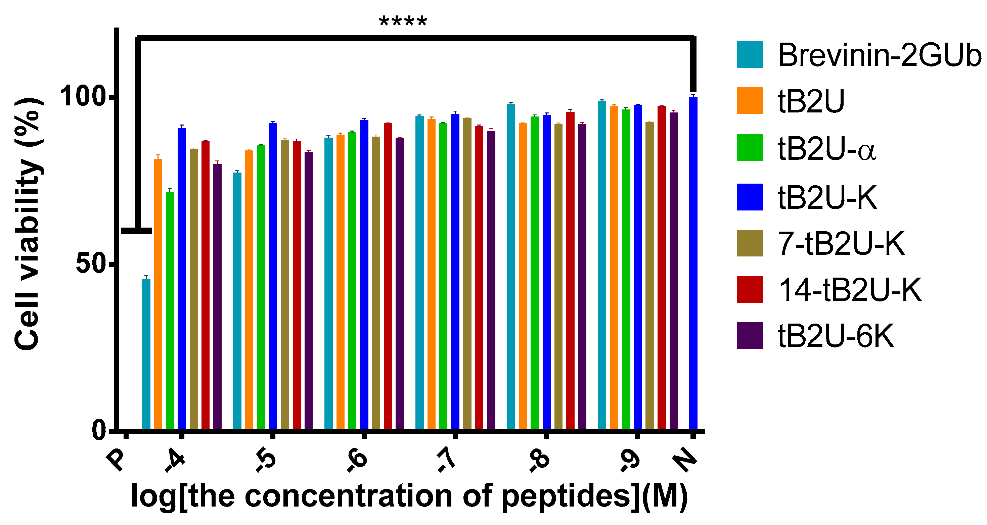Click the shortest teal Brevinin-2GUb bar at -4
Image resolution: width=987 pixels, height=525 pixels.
(x=146, y=354)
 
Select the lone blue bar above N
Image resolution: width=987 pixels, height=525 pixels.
(x=693, y=264)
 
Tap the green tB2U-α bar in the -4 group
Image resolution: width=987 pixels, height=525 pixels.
(x=170, y=310)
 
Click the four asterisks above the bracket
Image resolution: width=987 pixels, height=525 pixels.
(x=403, y=22)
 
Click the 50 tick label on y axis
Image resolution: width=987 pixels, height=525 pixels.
(x=90, y=264)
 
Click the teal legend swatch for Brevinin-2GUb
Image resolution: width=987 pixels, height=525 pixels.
(x=750, y=55)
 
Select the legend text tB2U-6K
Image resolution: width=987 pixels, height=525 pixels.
(x=836, y=336)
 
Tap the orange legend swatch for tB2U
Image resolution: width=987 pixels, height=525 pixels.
(x=750, y=101)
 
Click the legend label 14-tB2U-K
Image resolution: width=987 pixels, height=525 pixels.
(x=849, y=290)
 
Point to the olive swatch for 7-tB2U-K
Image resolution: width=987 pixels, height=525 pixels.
(x=750, y=243)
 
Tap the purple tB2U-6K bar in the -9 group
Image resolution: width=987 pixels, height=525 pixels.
(x=673, y=271)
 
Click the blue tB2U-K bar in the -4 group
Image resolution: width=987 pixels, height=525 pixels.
(x=182, y=279)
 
